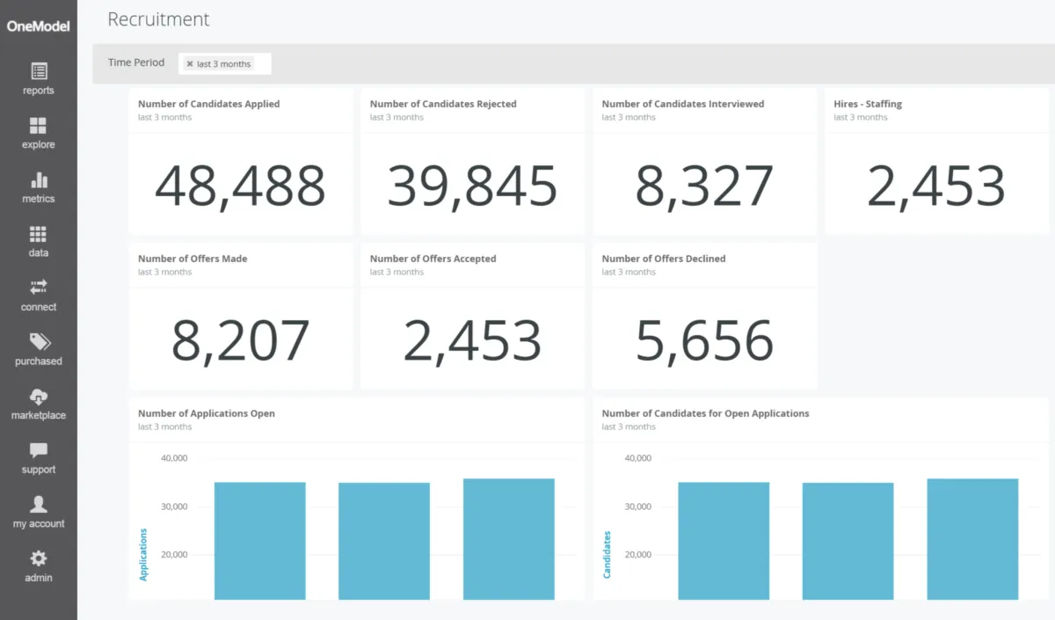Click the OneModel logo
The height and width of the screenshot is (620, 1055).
[38, 26]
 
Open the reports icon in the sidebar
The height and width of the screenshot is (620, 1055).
[39, 72]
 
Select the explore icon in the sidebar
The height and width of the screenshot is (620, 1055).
[39, 126]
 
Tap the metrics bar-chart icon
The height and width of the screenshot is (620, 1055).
[39, 180]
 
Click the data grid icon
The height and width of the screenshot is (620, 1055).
[39, 234]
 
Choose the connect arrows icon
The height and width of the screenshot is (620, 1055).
[39, 288]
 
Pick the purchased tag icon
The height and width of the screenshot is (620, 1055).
[39, 342]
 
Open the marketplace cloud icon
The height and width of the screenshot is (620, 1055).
[39, 397]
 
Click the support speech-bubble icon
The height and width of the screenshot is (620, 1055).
[39, 450]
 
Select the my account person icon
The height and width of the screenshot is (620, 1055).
[39, 505]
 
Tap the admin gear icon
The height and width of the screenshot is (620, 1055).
[39, 558]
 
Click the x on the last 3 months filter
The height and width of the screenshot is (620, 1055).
[190, 64]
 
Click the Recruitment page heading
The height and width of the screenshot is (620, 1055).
[158, 19]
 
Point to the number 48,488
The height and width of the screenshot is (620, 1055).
[240, 186]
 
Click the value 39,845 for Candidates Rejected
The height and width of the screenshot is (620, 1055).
[472, 186]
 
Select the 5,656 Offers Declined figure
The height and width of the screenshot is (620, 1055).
[704, 341]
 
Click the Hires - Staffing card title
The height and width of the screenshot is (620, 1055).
[868, 104]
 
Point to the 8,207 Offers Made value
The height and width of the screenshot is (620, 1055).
[240, 341]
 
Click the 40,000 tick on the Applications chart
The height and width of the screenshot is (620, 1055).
[174, 458]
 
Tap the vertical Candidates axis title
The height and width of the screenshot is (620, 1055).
[608, 554]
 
